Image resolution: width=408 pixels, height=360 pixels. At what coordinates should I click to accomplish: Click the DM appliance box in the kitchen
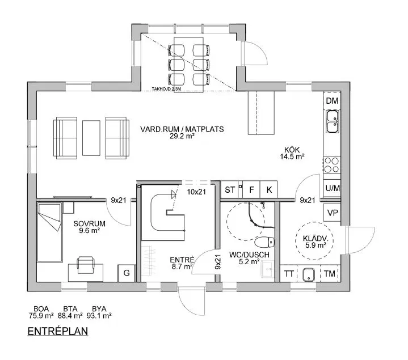coord(332,100)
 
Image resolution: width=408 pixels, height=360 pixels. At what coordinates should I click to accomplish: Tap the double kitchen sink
coord(333,122)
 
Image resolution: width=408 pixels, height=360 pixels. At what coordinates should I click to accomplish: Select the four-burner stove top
coord(332,165)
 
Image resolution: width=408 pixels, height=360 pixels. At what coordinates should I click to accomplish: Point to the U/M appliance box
coord(333,188)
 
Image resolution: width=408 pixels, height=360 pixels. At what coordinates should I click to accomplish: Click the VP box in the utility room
coord(333,213)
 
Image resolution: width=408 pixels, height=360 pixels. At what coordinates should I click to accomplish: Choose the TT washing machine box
coord(289,273)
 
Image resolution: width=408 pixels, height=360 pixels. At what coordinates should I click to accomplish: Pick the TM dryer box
coord(330,273)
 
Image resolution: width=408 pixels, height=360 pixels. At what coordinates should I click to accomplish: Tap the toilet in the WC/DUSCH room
coord(264,243)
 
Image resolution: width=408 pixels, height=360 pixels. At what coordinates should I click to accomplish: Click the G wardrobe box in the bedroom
coord(127,273)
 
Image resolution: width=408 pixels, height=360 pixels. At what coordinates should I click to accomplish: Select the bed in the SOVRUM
coord(50,232)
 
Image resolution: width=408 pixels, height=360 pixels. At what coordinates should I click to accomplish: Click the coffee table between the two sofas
coord(91,138)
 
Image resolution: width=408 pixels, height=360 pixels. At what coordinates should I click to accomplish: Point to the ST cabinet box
coord(229,189)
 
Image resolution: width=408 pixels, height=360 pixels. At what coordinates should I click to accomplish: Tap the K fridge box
coord(269,189)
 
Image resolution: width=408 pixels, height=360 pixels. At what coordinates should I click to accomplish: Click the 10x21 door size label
coord(196,192)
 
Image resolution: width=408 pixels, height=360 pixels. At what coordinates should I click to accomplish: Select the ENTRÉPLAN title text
coord(58,332)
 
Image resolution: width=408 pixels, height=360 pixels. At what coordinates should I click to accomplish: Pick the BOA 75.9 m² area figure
coord(41,312)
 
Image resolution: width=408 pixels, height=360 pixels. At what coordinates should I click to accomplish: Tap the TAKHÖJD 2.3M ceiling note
coord(166,89)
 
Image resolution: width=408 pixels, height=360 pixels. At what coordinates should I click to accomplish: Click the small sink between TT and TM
coord(309,274)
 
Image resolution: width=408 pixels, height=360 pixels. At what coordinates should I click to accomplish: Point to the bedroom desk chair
coord(85,265)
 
